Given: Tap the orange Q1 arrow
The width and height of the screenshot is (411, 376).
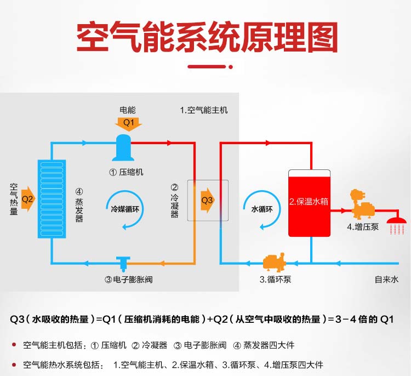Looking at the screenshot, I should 128,122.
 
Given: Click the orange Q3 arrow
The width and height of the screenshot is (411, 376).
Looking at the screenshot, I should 207,200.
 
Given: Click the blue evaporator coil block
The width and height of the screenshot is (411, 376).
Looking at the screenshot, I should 52,198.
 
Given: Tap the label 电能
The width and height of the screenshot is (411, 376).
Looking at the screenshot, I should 128,110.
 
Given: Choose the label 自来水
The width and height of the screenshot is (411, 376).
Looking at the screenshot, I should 386,280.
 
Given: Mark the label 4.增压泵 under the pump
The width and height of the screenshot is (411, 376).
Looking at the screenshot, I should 362,226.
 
